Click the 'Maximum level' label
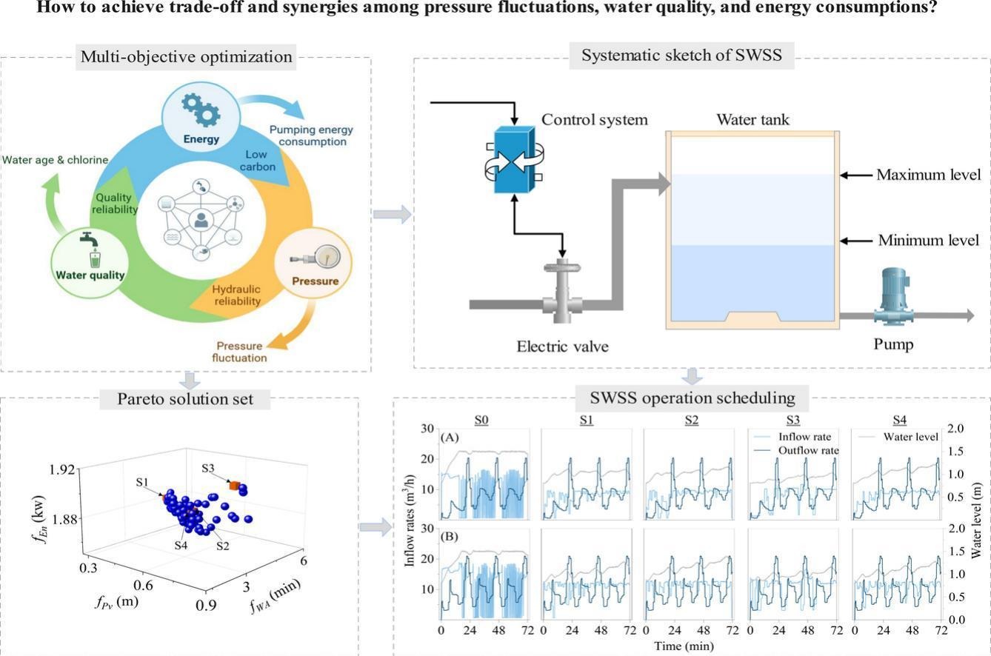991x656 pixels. point(928,175)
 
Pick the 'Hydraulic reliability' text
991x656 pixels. point(237,295)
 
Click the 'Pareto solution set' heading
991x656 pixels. point(185,399)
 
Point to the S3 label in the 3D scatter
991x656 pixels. point(209,469)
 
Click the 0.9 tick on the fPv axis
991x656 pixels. point(206,606)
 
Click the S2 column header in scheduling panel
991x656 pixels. point(691,421)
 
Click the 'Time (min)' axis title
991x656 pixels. point(684,646)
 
